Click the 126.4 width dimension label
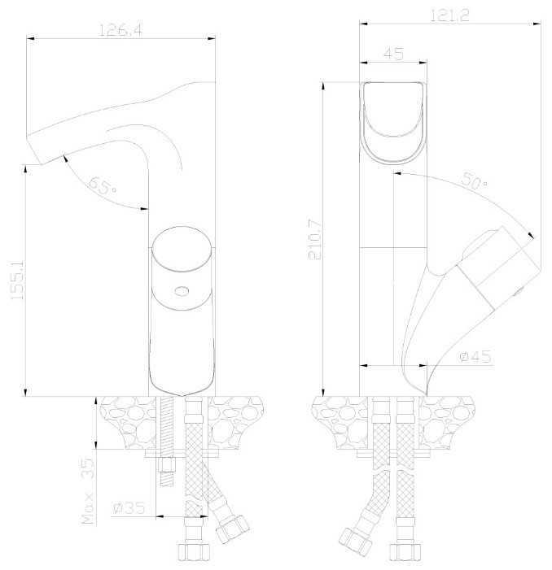(120, 31)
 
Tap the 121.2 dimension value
(449, 15)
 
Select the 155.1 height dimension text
(17, 279)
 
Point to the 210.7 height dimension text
(315, 239)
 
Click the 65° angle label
(103, 185)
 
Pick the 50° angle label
(475, 180)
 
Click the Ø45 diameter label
(475, 356)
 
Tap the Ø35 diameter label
(129, 508)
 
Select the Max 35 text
(87, 491)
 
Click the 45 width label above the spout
(393, 54)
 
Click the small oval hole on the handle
(182, 291)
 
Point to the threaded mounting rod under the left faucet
(167, 441)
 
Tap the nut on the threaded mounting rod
(167, 465)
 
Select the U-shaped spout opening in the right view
(393, 123)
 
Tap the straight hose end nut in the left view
(194, 551)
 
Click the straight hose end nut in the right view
(405, 551)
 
